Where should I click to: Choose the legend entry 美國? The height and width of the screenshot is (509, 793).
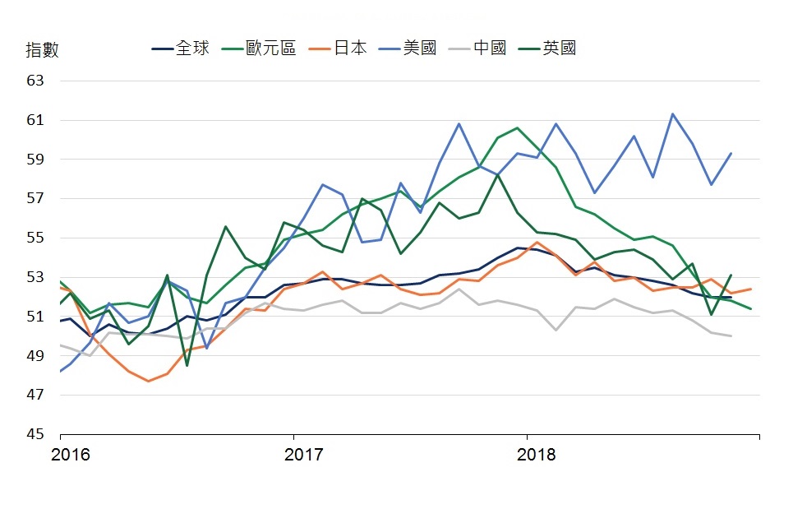coord(419,48)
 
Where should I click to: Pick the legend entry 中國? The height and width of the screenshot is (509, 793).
coord(489,48)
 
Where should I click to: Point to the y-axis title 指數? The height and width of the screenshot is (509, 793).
coord(43,50)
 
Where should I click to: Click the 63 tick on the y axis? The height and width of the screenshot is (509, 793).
coord(36,81)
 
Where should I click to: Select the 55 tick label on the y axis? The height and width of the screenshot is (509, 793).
coord(36,238)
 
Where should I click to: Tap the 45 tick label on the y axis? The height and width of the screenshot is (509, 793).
coord(36,434)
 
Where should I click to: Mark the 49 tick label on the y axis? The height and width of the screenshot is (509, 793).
coord(36,356)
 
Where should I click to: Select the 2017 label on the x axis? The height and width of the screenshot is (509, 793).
coord(305,455)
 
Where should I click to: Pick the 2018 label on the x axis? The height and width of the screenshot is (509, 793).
coord(537,455)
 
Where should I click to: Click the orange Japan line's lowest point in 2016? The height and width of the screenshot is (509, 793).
coord(148,381)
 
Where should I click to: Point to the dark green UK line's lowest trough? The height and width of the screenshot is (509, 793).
coord(187,365)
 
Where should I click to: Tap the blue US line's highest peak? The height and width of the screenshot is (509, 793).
coord(673,113)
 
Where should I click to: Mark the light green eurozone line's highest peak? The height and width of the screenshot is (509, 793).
coord(517,127)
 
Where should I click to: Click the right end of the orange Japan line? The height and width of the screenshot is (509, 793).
coord(750,289)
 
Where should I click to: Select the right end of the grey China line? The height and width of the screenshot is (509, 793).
coord(731,335)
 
